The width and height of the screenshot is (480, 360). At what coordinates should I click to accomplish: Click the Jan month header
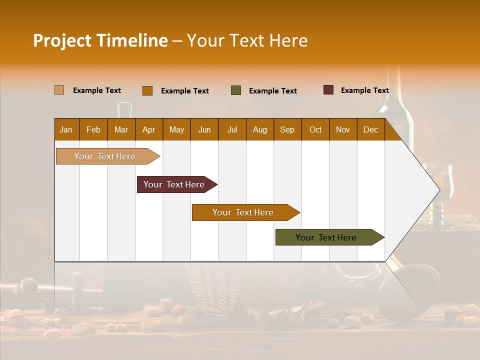tap(66, 129)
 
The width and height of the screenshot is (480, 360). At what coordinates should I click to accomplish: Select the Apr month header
tap(149, 129)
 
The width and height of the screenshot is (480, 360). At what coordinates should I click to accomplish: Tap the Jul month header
tap(232, 129)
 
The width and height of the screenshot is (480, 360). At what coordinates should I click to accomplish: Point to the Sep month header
tap(287, 129)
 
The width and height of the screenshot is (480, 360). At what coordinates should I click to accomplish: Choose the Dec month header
tap(370, 129)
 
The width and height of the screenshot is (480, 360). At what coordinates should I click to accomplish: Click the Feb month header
tap(93, 129)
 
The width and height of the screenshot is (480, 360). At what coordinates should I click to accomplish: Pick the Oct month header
tap(315, 129)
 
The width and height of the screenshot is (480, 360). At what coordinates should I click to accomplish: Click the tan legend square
tap(59, 90)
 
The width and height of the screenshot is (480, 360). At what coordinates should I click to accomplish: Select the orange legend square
tap(147, 90)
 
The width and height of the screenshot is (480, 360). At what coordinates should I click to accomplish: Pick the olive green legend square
tap(235, 90)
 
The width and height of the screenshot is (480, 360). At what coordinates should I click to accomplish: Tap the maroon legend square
tap(328, 90)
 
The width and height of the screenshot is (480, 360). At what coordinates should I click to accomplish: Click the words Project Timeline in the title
tap(100, 40)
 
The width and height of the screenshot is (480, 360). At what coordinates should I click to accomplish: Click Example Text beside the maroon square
tap(364, 90)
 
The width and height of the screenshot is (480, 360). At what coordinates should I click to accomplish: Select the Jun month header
tap(204, 129)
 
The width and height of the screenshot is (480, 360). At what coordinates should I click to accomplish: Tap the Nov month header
tap(343, 129)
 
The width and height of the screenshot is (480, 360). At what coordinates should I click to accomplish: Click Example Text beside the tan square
tap(97, 90)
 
